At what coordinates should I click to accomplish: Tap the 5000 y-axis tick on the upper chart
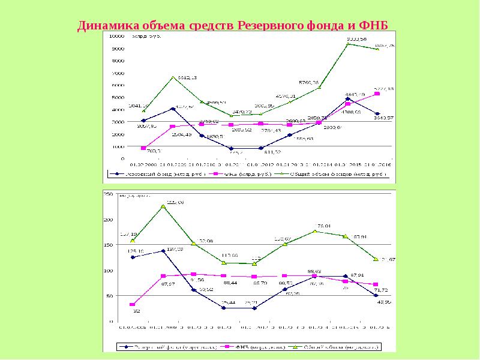pyautogui.click(x=118, y=97)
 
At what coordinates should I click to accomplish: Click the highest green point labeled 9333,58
pyautogui.click(x=348, y=44)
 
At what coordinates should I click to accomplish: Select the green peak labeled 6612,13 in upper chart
pyautogui.click(x=173, y=77)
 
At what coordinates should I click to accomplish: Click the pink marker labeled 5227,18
pyautogui.click(x=377, y=94)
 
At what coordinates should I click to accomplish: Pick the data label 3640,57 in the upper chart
pyautogui.click(x=382, y=118)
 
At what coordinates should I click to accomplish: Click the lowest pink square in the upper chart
pyautogui.click(x=143, y=148)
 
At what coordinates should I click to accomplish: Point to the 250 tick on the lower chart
pyautogui.click(x=109, y=195)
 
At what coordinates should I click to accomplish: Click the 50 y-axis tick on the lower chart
pyautogui.click(x=110, y=296)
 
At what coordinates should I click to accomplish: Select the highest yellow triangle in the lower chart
pyautogui.click(x=163, y=207)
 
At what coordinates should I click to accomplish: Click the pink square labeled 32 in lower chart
pyautogui.click(x=133, y=305)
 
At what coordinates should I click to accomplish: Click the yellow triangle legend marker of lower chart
pyautogui.click(x=296, y=346)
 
